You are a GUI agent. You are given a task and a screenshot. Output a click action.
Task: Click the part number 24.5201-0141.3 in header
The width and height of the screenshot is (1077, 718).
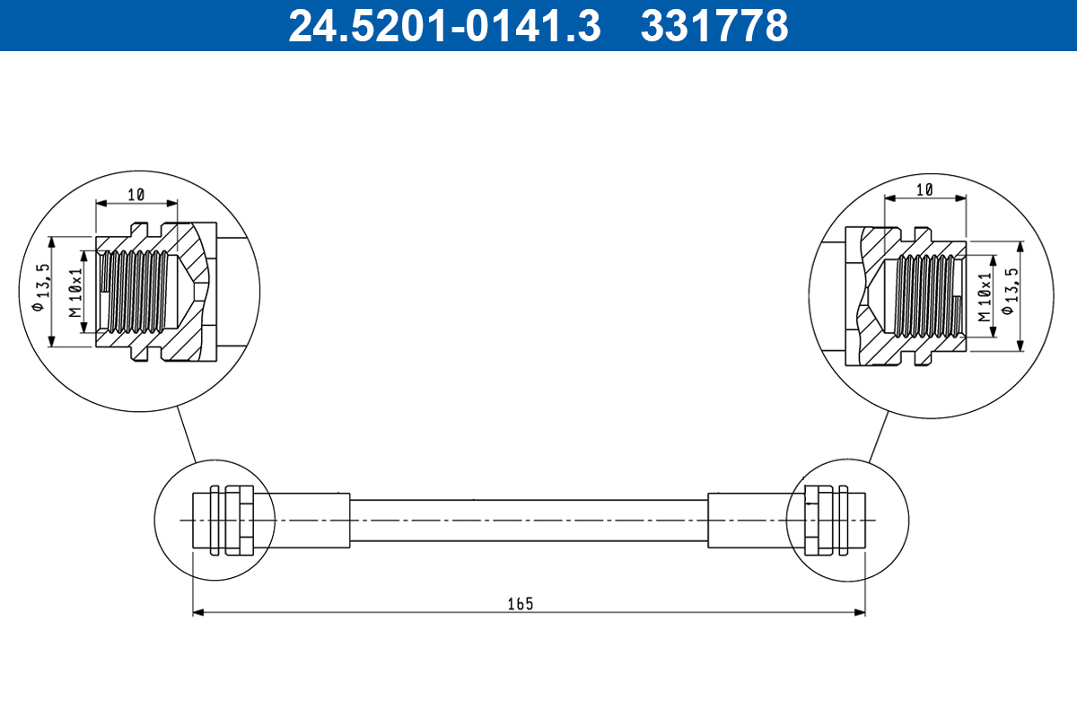click(x=443, y=25)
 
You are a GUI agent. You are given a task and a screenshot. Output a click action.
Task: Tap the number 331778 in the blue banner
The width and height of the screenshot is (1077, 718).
click(x=714, y=25)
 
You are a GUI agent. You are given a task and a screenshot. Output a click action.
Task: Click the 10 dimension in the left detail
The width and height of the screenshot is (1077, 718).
click(x=136, y=194)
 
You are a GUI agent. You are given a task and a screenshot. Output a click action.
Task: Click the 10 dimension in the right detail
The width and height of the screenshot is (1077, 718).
click(x=925, y=188)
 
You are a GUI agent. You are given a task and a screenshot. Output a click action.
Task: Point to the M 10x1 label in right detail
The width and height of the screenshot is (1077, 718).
click(x=985, y=298)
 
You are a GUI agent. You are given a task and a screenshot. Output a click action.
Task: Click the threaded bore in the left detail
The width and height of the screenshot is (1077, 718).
click(x=135, y=291)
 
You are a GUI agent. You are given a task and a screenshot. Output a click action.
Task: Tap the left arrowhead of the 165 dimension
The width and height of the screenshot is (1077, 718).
click(x=198, y=612)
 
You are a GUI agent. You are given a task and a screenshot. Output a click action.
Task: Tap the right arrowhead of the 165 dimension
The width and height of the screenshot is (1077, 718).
click(x=860, y=612)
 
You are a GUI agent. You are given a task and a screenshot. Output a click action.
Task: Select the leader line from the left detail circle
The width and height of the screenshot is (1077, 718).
click(x=186, y=434)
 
